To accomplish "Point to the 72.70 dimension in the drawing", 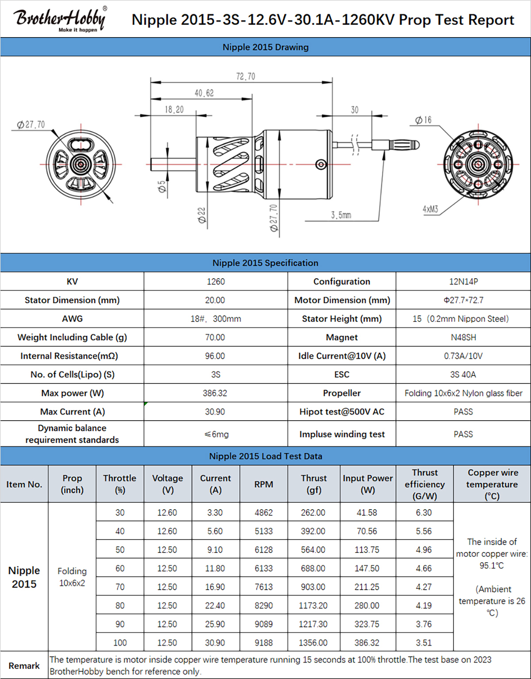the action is coord(246,77).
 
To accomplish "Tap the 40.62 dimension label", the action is coord(204,93).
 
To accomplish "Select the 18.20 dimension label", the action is coord(174,110).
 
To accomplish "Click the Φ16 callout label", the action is coord(423,120).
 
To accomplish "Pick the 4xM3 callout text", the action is coord(431,209).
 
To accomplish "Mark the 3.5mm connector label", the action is coord(341,215).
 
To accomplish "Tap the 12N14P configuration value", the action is coord(463,281).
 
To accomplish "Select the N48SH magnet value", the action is coord(463,338).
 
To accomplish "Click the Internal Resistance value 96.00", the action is coord(215,356).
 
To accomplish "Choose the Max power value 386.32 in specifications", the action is coord(215,393).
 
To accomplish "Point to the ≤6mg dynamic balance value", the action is coord(216,434).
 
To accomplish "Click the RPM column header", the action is coord(264,484).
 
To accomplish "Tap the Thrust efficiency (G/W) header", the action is coord(425,484).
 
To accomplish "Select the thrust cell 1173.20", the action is coord(313,606).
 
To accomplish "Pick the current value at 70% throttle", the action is coord(215,587).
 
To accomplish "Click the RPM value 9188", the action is coord(264,643).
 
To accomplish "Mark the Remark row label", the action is coord(24,666).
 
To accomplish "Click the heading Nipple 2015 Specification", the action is coord(265,263).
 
